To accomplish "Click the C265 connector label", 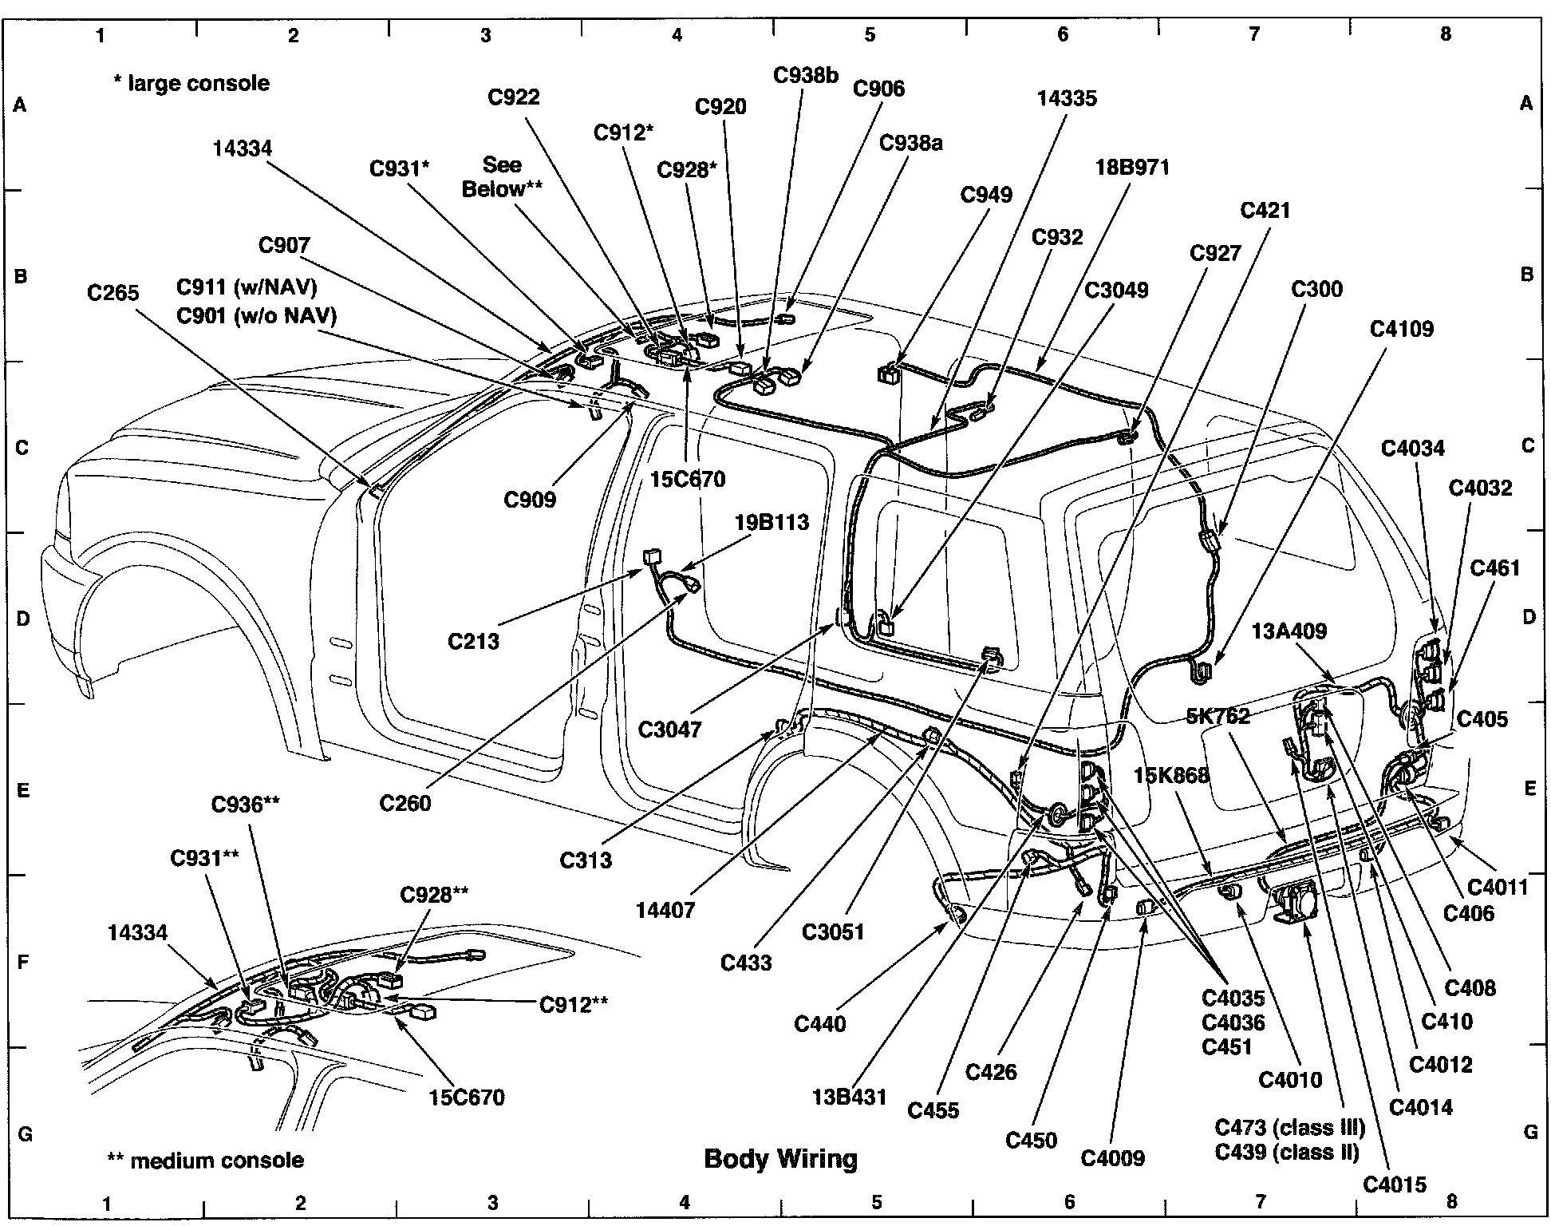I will pos(112,293).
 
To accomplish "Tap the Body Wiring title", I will pos(780,1158).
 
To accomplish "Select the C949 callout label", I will pos(986,196).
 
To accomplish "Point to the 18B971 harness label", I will pos(1133,168).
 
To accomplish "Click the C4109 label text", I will pos(1402,329).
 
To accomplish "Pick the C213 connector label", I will pos(473,641).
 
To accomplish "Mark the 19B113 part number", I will pos(772,523).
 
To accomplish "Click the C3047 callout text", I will pos(669,730).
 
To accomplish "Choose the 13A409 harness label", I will pos(1289,631).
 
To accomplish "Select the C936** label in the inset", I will pos(246,805).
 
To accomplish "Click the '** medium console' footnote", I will pos(206,1160).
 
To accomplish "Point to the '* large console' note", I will pos(191,83).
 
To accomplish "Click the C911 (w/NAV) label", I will pos(247,287).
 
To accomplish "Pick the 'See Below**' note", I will pos(503,176).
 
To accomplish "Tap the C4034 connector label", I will pos(1413,449).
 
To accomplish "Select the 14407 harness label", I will pos(665,909).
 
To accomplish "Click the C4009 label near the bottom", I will pos(1113,1157).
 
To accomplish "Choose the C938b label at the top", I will pos(806,75).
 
